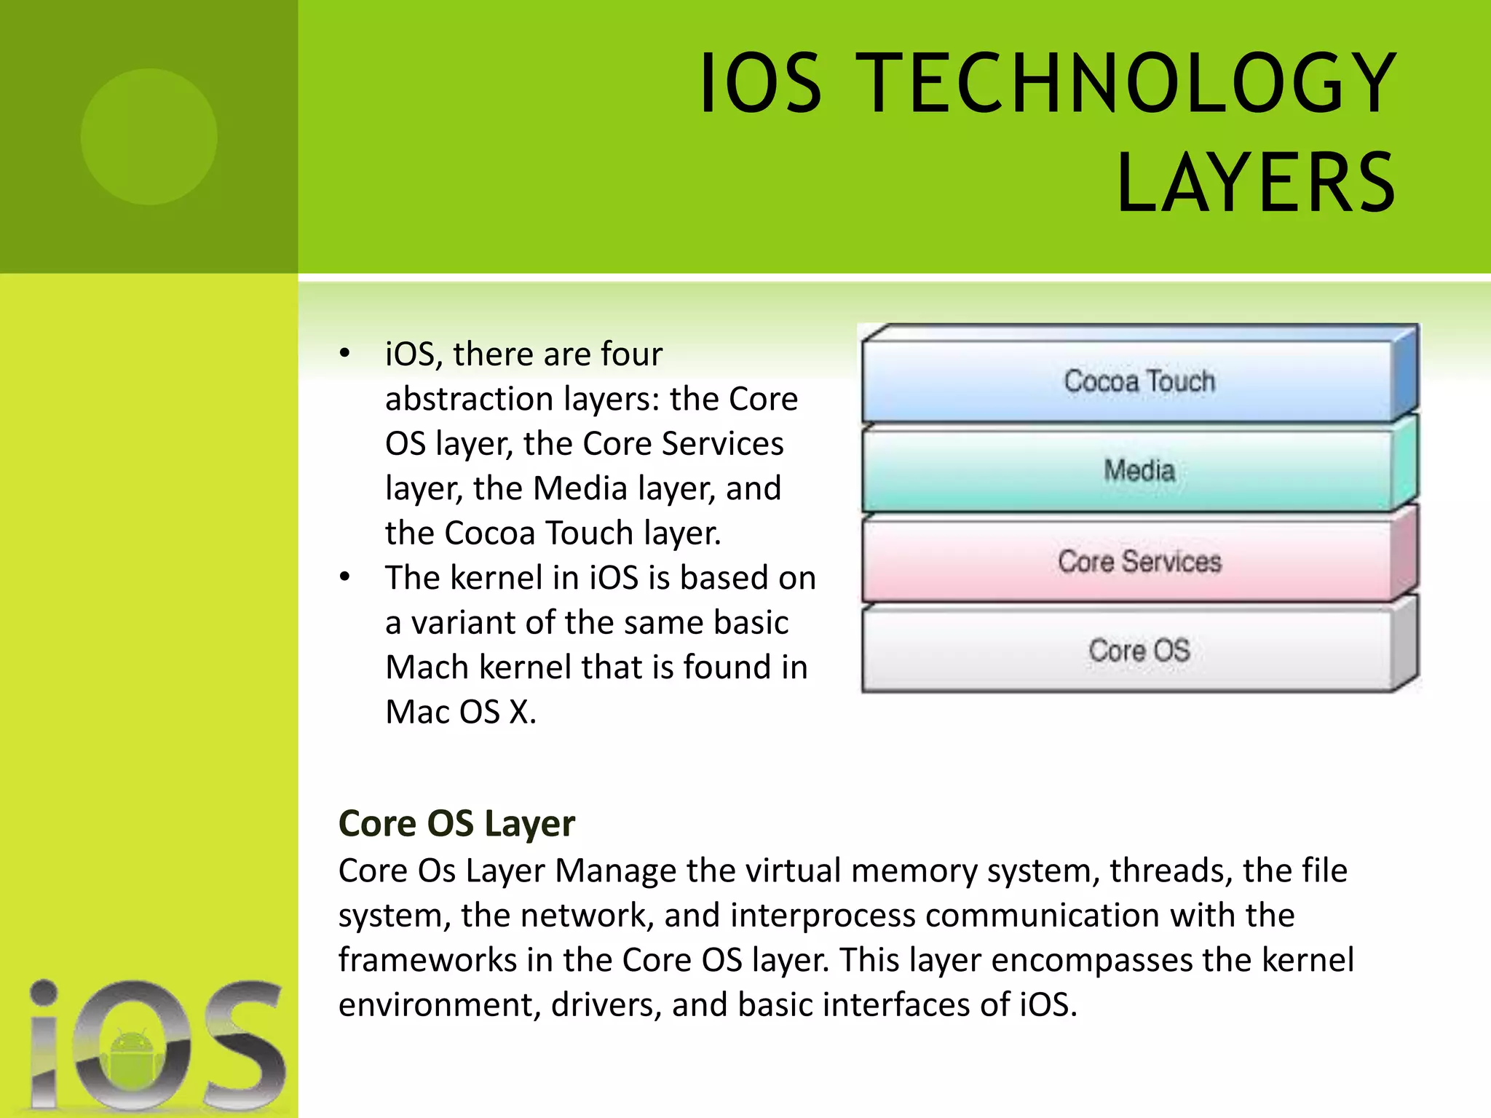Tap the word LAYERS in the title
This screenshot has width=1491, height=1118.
coord(1256,183)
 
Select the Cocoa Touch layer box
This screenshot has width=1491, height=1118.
coord(1139,381)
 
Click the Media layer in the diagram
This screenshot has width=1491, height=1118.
coord(1139,471)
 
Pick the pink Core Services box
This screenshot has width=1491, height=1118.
coord(1139,561)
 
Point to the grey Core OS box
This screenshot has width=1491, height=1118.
coord(1139,650)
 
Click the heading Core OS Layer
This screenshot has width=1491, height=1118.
coord(456,823)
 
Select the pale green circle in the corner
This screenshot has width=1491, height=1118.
coord(149,136)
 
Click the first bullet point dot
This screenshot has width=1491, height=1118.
coord(344,354)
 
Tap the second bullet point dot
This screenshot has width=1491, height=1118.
coord(344,578)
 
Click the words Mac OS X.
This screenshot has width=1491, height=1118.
coord(460,712)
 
